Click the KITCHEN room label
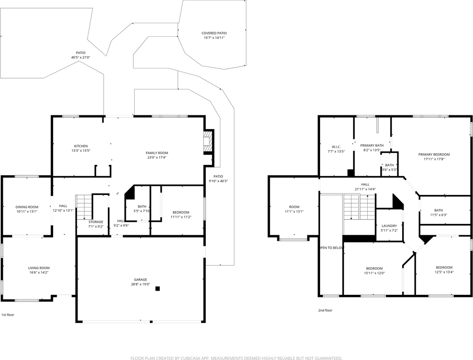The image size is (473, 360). [81, 146]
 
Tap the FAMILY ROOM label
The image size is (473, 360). [157, 153]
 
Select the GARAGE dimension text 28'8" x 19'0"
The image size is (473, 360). [140, 284]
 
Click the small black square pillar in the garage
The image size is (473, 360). [157, 289]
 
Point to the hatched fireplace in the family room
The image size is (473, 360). [207, 142]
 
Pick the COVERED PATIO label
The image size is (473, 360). [214, 33]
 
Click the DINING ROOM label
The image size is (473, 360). [27, 207]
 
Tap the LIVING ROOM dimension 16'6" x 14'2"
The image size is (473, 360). [39, 273]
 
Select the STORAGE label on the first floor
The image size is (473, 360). [96, 222]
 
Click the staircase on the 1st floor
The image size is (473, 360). [84, 207]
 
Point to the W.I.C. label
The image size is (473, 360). [336, 147]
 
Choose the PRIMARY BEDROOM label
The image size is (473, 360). [434, 154]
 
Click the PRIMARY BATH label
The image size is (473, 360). [372, 145]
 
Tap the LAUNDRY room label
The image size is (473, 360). [389, 226]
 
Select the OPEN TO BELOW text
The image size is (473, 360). [331, 248]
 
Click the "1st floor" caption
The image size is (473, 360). [8, 315]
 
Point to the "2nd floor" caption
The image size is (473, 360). [325, 310]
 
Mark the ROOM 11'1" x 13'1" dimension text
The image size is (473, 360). [294, 212]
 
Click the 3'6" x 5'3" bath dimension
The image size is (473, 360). [389, 170]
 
